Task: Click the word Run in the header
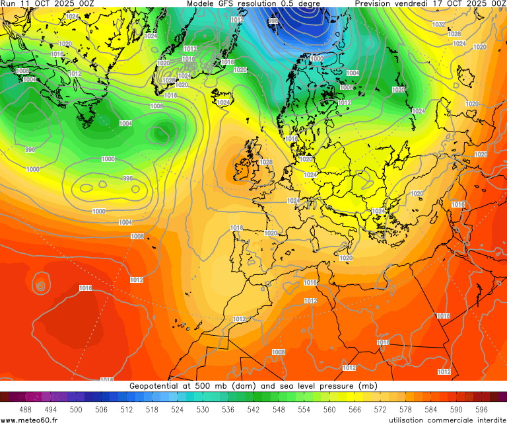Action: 9,4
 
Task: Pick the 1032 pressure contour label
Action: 438,24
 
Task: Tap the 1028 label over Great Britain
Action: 266,162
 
